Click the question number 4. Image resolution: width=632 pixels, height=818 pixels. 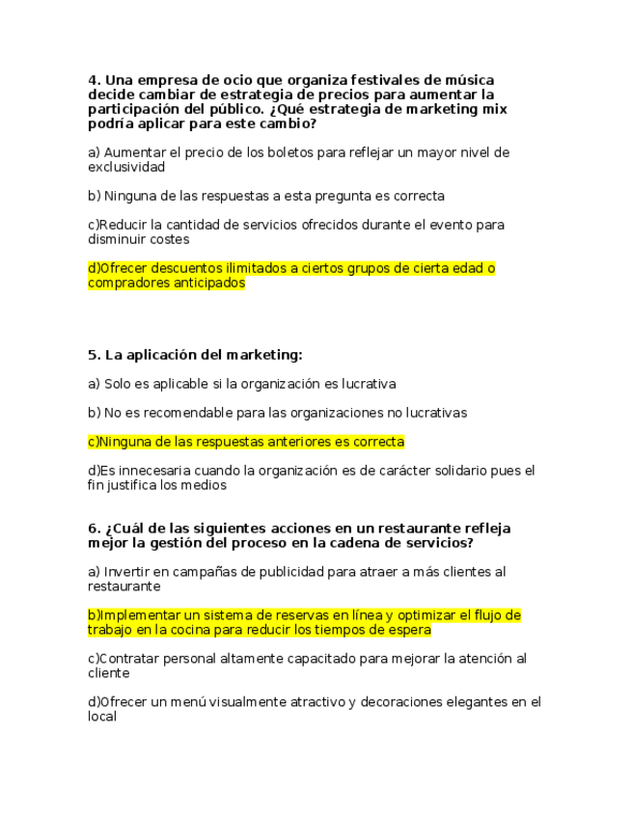coord(93,80)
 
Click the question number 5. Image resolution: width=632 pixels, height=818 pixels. coord(93,355)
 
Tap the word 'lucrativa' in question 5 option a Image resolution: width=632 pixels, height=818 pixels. coord(366,384)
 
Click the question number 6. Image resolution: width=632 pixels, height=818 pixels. coord(93,529)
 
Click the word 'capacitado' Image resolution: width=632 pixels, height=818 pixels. coord(298,659)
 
